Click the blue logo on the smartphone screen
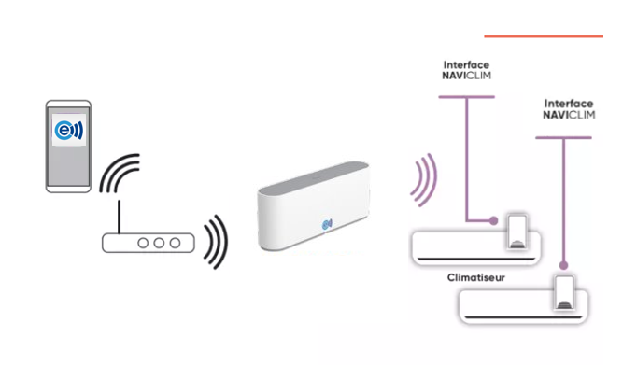[x=69, y=131]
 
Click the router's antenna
[x=119, y=217]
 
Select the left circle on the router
[x=143, y=243]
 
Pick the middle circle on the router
[x=159, y=243]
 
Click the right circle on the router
[x=175, y=243]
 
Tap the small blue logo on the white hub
[x=327, y=224]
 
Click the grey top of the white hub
[x=314, y=176]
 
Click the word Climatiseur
[x=475, y=277]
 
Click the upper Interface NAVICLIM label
[x=466, y=70]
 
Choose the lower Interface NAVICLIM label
[x=569, y=109]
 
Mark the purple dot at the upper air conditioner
[x=493, y=221]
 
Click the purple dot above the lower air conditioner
[x=563, y=265]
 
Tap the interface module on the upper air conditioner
[x=517, y=231]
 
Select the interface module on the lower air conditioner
[x=564, y=292]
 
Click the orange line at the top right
[x=544, y=36]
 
